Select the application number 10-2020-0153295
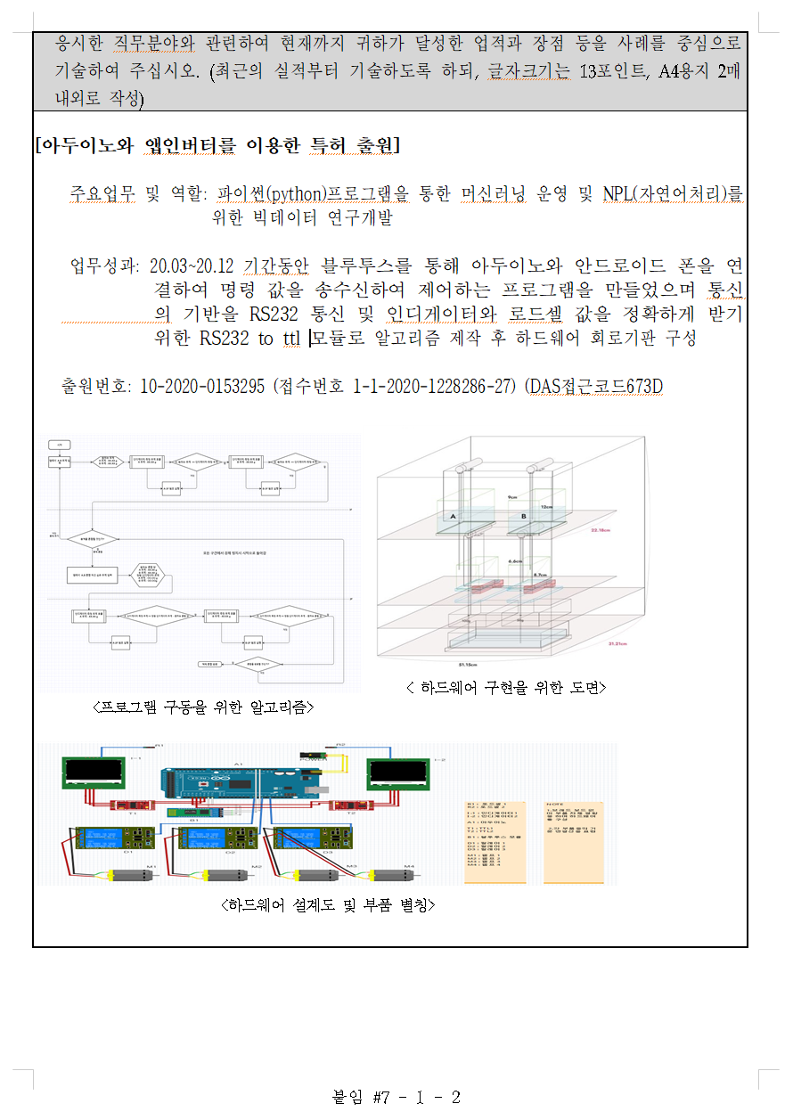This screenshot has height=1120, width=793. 202,387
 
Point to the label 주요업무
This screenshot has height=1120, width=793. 103,193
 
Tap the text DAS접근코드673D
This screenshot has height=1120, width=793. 596,387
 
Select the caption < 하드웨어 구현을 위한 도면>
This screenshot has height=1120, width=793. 505,687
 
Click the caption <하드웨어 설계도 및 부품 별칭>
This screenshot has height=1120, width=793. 327,904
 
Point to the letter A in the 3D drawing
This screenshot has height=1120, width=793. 454,517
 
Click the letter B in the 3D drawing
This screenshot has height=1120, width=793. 523,517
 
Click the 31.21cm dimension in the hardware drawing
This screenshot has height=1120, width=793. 617,643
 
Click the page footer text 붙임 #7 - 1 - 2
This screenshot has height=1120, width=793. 396,1097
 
